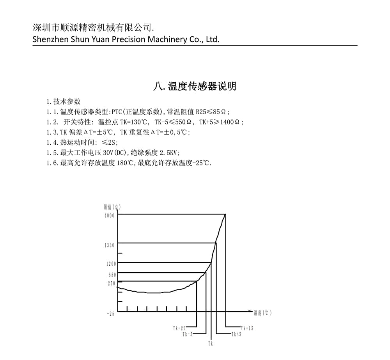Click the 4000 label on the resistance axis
click(110, 216)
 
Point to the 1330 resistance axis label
click(110, 245)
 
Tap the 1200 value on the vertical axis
click(111, 264)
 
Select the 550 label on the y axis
click(112, 275)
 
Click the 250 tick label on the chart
click(112, 284)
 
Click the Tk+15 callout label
click(246, 328)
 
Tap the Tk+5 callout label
click(236, 334)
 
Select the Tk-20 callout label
click(179, 328)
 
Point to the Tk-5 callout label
click(188, 334)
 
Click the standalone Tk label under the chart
click(211, 344)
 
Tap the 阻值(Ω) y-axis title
click(112, 207)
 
